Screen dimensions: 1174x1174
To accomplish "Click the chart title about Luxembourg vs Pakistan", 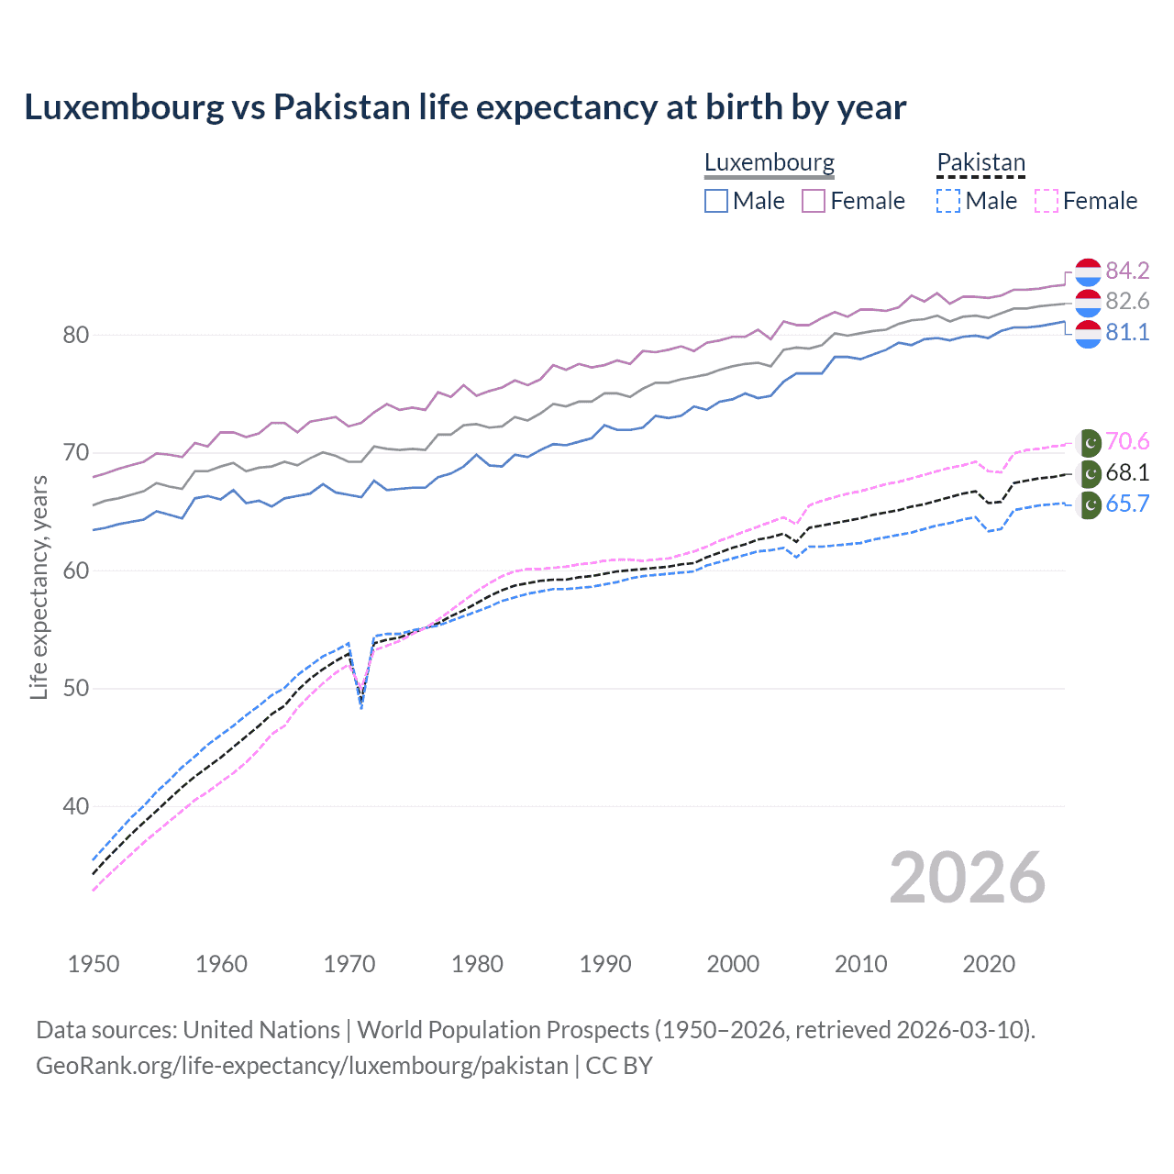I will [465, 107].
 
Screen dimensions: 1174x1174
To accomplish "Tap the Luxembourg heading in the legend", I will [769, 162].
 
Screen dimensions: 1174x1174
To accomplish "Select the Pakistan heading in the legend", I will [980, 162].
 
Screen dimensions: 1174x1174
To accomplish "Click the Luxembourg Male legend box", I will [716, 201].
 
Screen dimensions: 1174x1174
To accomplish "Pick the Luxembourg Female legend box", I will [814, 201].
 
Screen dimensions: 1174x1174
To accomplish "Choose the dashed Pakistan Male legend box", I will [948, 201].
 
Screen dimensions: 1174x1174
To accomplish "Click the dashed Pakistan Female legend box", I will [1046, 201].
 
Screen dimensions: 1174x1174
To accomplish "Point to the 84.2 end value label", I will [1127, 271].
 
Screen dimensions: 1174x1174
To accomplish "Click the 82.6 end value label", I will [1127, 302].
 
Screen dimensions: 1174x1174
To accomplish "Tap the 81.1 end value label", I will [1127, 332].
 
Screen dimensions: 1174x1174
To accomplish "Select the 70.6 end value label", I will [1127, 442].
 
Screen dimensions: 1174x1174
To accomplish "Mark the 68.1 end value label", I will [1127, 473].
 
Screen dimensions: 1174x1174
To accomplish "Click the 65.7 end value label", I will [1127, 504].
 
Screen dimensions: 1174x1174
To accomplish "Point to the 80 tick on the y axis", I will [76, 336].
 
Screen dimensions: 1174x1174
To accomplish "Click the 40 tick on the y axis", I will [76, 807].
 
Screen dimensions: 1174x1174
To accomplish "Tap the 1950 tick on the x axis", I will [94, 964].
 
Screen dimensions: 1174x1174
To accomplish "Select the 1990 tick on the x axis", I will [605, 964].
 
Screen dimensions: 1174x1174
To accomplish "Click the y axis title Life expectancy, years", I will [39, 587].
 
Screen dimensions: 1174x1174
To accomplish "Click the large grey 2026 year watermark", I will [967, 878].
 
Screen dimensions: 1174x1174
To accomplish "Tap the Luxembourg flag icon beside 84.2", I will [1088, 271].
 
